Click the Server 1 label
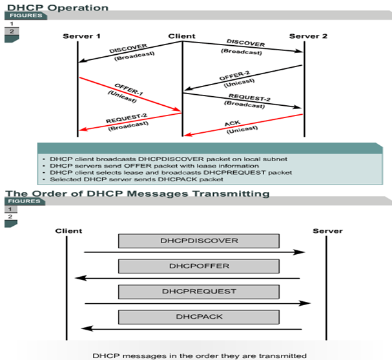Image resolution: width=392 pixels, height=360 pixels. click(x=82, y=35)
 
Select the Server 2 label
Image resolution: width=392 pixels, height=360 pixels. click(x=305, y=35)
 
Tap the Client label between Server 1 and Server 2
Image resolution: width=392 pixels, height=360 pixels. click(x=181, y=35)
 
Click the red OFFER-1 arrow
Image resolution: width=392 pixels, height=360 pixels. click(x=129, y=95)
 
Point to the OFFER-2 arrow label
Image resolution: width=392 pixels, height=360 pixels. click(x=234, y=77)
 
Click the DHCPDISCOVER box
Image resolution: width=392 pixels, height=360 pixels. click(x=198, y=241)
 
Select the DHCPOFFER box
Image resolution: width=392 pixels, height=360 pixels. click(x=198, y=266)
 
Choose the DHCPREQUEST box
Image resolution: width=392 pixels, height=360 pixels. click(x=198, y=292)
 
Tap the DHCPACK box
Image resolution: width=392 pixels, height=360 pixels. click(x=198, y=317)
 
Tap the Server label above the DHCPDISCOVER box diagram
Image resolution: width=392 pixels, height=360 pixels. click(x=327, y=230)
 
